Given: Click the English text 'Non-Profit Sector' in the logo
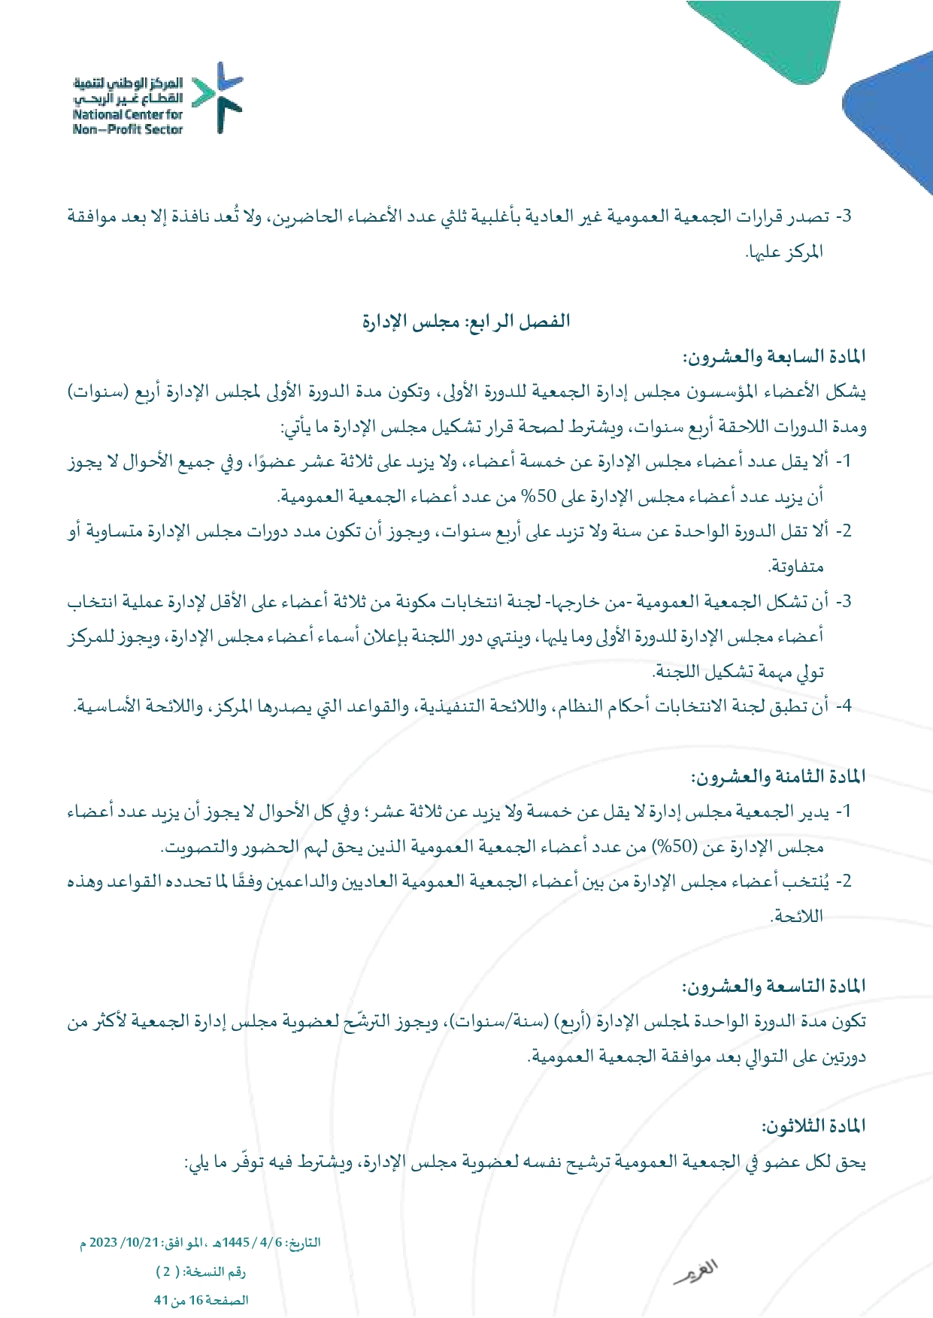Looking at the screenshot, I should click(128, 129).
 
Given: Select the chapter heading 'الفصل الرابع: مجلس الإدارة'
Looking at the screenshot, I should click(466, 322).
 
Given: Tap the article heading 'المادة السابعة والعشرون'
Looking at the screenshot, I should click(774, 356).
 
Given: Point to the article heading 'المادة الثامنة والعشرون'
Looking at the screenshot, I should click(779, 776).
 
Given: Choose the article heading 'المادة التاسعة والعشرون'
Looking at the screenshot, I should click(774, 986).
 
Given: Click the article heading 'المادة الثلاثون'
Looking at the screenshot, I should click(813, 1126).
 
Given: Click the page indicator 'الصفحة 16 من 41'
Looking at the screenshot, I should click(201, 1300).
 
